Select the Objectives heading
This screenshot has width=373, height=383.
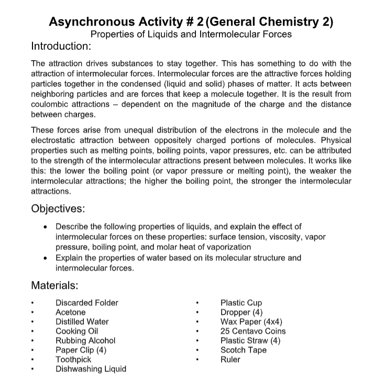(58, 208)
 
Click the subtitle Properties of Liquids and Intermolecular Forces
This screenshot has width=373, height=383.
(191, 35)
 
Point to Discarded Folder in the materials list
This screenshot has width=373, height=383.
(87, 302)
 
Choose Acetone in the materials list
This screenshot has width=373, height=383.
(70, 312)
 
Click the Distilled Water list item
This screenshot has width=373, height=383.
(82, 321)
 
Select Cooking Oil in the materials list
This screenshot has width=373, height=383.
(76, 331)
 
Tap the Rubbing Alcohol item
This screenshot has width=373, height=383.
(85, 340)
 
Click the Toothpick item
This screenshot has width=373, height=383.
(73, 359)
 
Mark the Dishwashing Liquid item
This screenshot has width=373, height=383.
(91, 369)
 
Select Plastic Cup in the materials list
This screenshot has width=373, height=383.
(241, 303)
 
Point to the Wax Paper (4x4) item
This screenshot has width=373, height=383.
(250, 322)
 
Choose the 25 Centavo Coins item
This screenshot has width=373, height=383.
(253, 331)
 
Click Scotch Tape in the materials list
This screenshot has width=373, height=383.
(243, 350)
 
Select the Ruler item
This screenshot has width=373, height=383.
(231, 359)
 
